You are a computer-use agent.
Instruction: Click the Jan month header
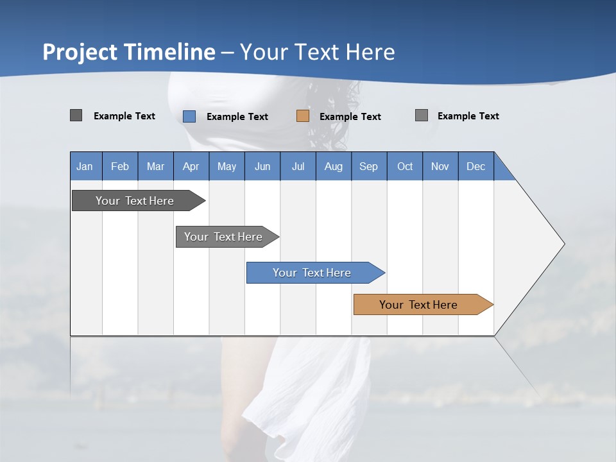(x=85, y=166)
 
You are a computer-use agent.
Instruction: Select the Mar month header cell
(x=155, y=166)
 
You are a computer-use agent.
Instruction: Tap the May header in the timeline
(x=227, y=166)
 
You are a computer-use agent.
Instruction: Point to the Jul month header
(x=298, y=166)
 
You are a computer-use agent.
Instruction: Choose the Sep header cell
(x=368, y=166)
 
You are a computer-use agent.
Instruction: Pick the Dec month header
(x=475, y=166)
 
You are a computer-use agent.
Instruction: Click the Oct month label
(x=405, y=166)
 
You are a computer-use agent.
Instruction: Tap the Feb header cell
(x=120, y=166)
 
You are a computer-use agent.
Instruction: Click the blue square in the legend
(x=189, y=116)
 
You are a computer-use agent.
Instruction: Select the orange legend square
(x=303, y=116)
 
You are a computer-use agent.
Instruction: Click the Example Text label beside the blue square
(x=237, y=117)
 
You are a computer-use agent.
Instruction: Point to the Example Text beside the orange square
(x=350, y=117)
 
